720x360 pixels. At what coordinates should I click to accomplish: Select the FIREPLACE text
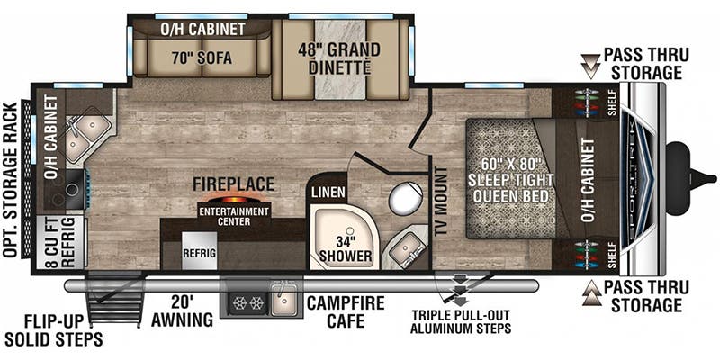(x=233, y=184)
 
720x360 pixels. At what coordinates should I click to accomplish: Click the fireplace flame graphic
(x=234, y=200)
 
